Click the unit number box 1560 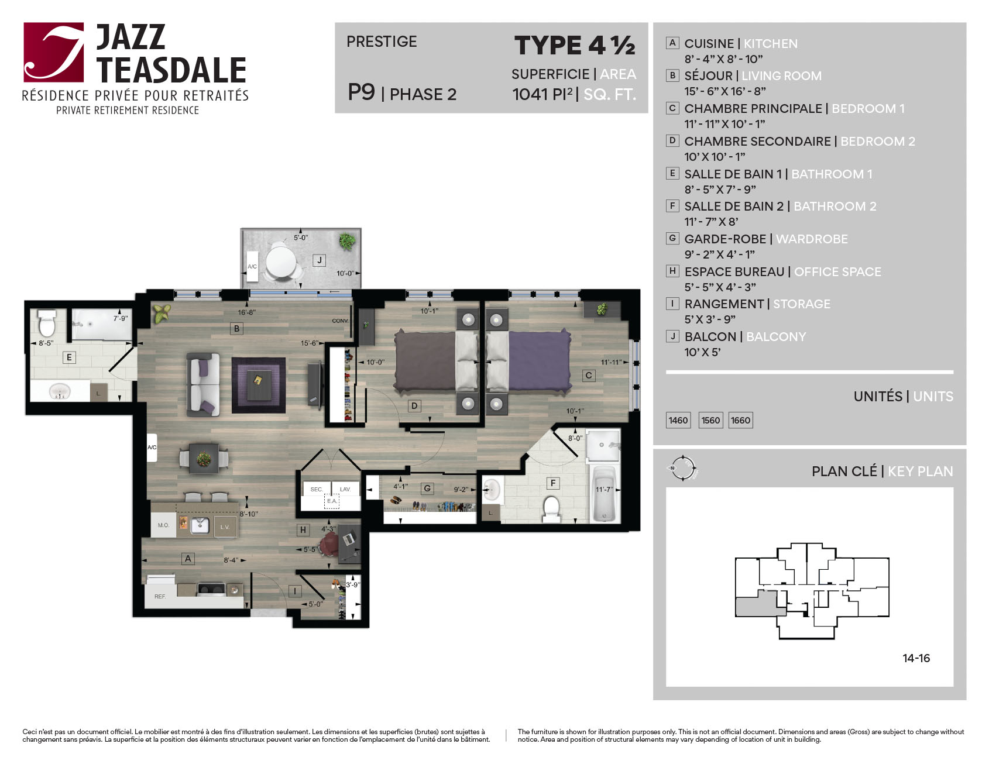coord(710,420)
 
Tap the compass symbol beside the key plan coord(683,468)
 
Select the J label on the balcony coord(319,260)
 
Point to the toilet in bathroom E coord(47,323)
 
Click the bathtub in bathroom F coord(605,494)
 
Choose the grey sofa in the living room coord(203,384)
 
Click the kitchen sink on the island coord(200,525)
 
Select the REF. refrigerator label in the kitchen coord(160,597)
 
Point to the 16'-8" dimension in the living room coord(246,312)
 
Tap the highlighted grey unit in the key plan coord(760,604)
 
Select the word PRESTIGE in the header coord(382,42)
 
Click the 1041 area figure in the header coord(531,94)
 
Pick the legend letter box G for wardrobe coord(672,238)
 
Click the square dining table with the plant coord(204,459)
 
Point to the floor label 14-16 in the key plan coord(916,658)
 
